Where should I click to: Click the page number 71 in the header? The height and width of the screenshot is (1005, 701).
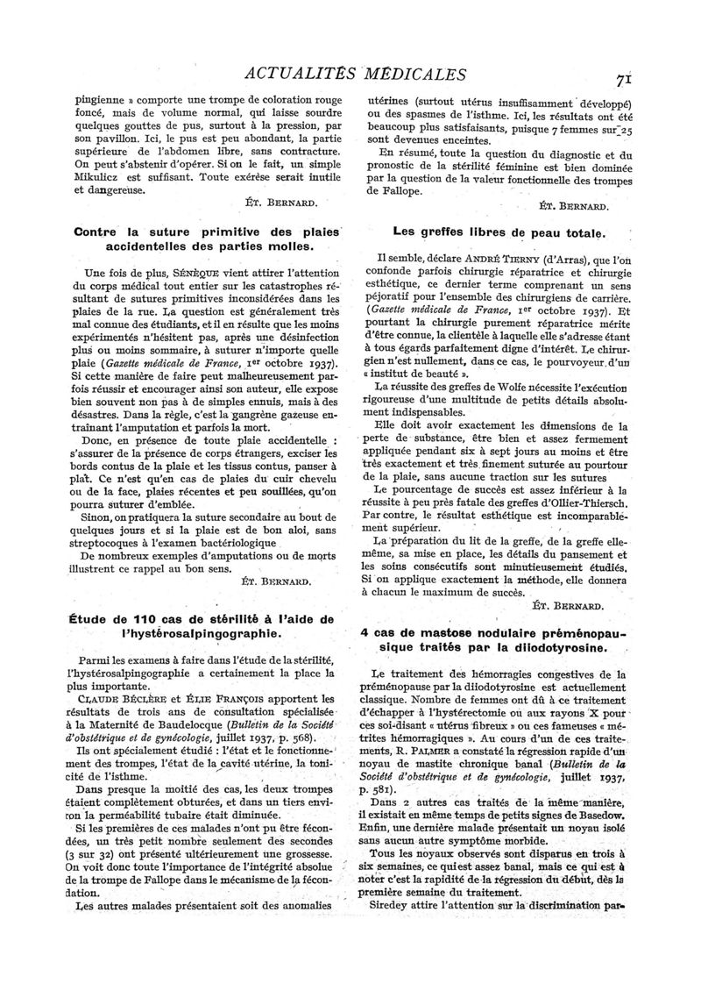(x=624, y=78)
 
